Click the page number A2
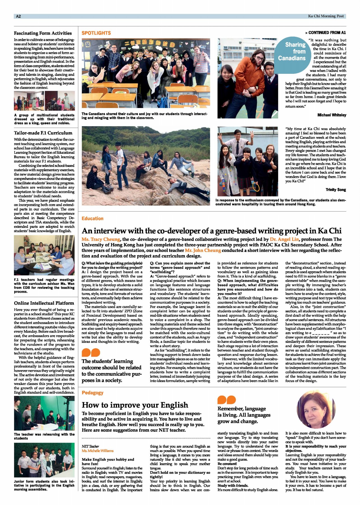[18, 16]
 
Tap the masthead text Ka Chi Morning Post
[326, 16]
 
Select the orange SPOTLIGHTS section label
[96, 33]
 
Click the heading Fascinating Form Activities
[43, 33]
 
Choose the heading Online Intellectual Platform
[44, 303]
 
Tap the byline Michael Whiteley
[332, 115]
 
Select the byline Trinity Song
[336, 190]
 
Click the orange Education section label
[92, 219]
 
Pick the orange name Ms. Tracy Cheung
[101, 239]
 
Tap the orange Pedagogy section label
[93, 393]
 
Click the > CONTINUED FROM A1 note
[325, 33]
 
